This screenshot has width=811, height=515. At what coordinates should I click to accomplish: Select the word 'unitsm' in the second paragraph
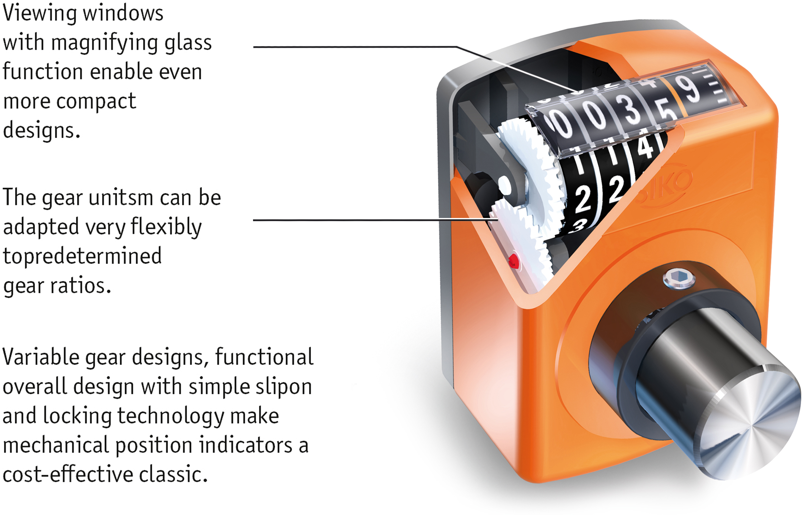coord(121,198)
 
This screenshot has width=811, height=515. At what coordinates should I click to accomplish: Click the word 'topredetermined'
coord(82,256)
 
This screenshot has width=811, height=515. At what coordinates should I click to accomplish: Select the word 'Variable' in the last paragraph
coord(41,357)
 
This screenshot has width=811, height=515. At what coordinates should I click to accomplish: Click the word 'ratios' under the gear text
coord(80,286)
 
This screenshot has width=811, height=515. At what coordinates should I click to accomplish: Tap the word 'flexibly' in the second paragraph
coord(166,227)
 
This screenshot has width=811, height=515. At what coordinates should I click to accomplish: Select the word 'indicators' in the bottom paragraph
coord(246,445)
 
